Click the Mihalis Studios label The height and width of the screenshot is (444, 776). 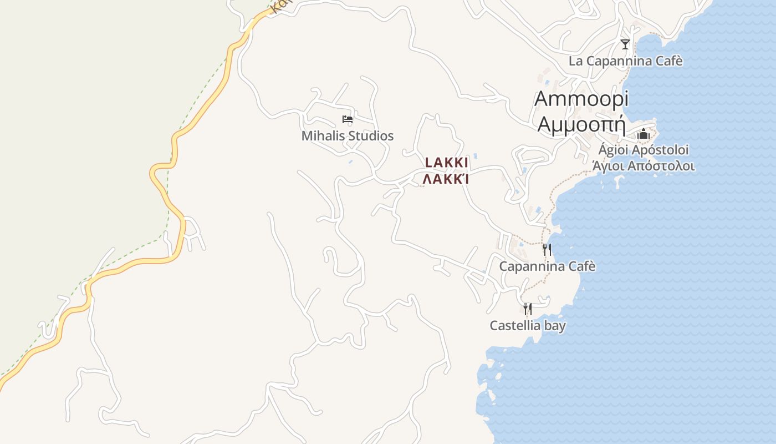[x=348, y=136]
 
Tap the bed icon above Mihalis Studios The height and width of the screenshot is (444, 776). [x=348, y=119]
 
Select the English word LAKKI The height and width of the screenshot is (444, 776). [x=447, y=163]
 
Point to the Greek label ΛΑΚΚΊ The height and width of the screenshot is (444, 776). [x=447, y=179]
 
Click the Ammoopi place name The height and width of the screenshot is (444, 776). [x=581, y=99]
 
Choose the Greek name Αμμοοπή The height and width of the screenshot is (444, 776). [x=581, y=124]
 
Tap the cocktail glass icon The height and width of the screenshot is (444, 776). [x=625, y=44]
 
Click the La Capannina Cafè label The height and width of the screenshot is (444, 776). [x=626, y=61]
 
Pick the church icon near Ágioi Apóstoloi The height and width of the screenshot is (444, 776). [x=643, y=134]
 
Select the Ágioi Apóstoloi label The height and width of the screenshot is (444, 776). [x=644, y=150]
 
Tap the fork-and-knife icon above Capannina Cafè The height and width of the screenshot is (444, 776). [x=547, y=250]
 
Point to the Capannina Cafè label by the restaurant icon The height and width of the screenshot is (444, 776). [x=548, y=266]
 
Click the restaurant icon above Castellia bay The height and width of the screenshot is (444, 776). [x=528, y=309]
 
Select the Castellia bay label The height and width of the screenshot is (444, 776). [x=528, y=325]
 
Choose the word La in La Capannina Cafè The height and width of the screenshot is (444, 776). [x=575, y=61]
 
